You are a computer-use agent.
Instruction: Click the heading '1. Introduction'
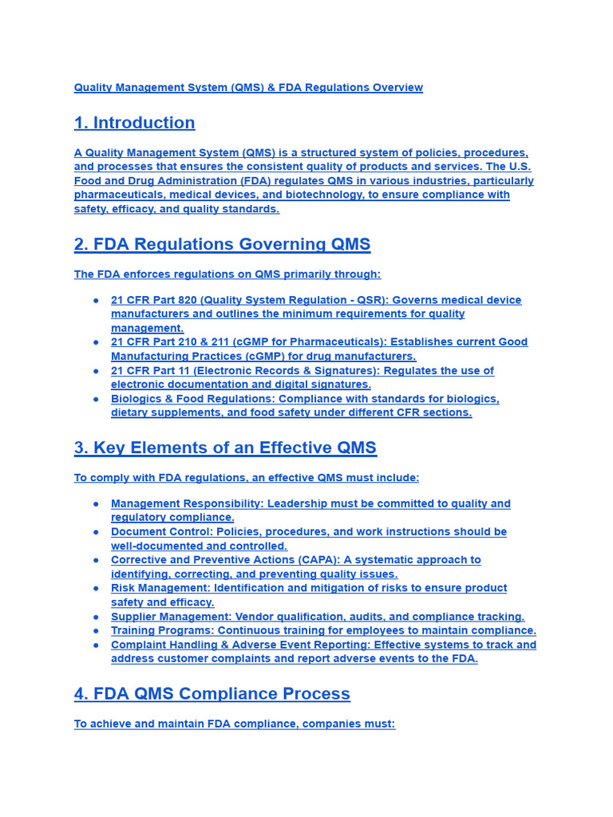tap(134, 123)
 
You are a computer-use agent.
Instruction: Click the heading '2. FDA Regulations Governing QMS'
tap(222, 244)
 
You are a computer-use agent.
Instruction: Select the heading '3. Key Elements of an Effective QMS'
tap(225, 448)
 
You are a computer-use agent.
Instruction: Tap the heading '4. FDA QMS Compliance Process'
tap(212, 694)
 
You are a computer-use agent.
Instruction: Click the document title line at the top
tap(248, 88)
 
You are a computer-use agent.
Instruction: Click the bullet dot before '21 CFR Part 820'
tap(96, 301)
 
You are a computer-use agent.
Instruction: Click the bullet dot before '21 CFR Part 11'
tap(96, 371)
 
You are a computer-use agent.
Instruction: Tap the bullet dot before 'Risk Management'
tap(96, 589)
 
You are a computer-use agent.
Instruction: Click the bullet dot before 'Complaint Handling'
tap(96, 645)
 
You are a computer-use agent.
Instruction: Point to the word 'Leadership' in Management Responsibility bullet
tap(299, 503)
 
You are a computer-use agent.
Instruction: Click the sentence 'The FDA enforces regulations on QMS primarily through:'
tap(227, 274)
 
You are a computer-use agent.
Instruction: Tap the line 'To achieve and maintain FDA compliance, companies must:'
tap(235, 724)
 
